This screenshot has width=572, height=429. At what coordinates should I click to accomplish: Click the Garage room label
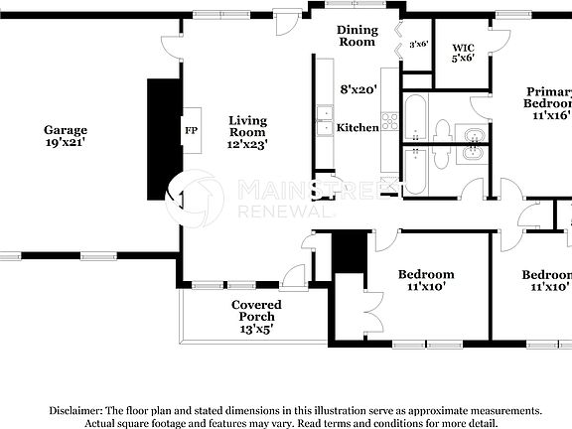(66, 130)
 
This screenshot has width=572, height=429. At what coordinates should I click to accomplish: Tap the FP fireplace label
(190, 130)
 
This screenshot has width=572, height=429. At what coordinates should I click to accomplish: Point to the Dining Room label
(357, 36)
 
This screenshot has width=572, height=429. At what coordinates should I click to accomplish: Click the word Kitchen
(357, 127)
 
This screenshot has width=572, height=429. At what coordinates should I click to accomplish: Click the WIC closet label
(463, 47)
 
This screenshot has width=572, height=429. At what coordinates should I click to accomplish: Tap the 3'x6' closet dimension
(418, 43)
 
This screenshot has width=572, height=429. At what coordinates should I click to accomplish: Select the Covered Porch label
(256, 310)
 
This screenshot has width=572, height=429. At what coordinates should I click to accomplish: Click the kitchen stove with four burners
(389, 121)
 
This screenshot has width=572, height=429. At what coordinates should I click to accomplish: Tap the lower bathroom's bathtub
(415, 171)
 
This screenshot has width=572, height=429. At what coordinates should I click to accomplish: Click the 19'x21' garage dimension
(66, 144)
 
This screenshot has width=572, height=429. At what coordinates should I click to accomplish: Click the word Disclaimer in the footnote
(73, 410)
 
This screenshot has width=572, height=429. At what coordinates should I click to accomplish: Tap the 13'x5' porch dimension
(256, 329)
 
